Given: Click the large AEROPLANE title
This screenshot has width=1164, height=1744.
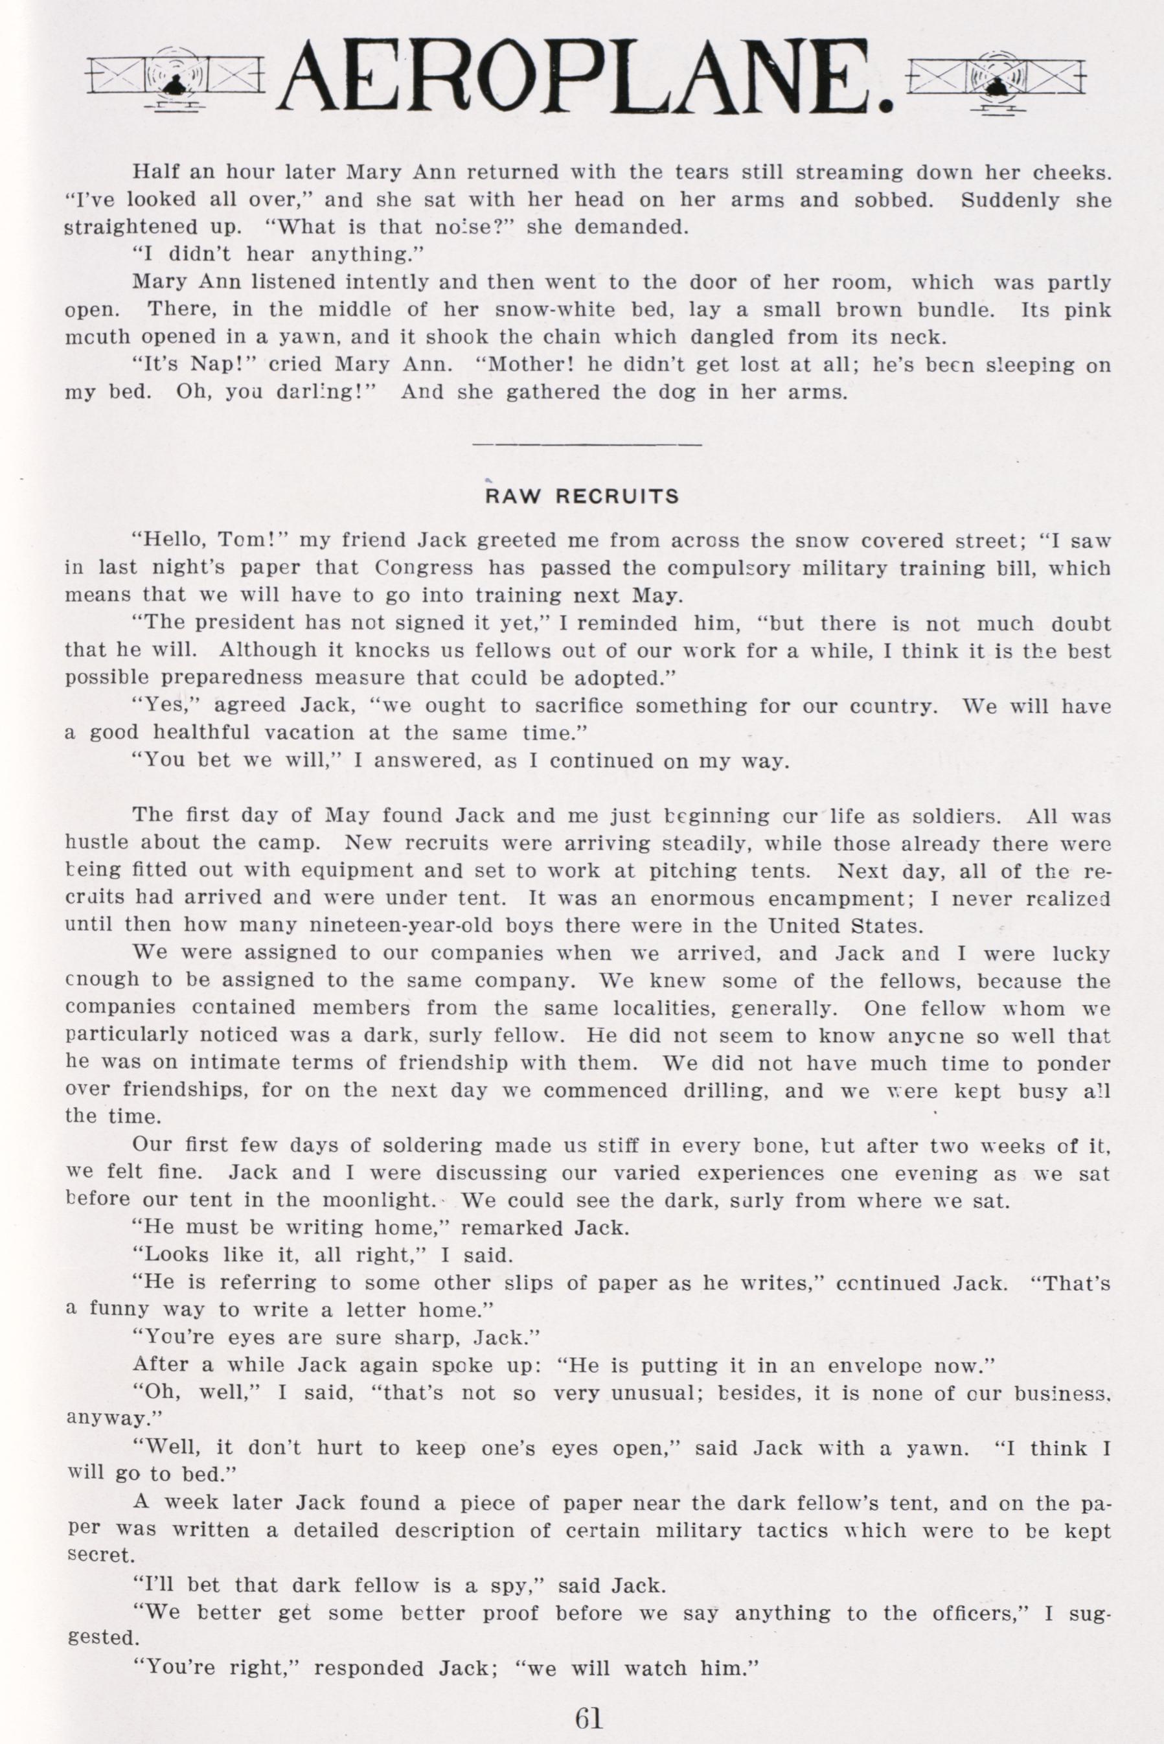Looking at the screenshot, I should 586,78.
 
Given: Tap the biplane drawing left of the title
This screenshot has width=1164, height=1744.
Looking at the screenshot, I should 175,80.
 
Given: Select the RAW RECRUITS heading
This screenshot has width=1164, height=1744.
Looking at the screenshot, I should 582,497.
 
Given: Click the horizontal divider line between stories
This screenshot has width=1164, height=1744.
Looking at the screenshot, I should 586,444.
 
